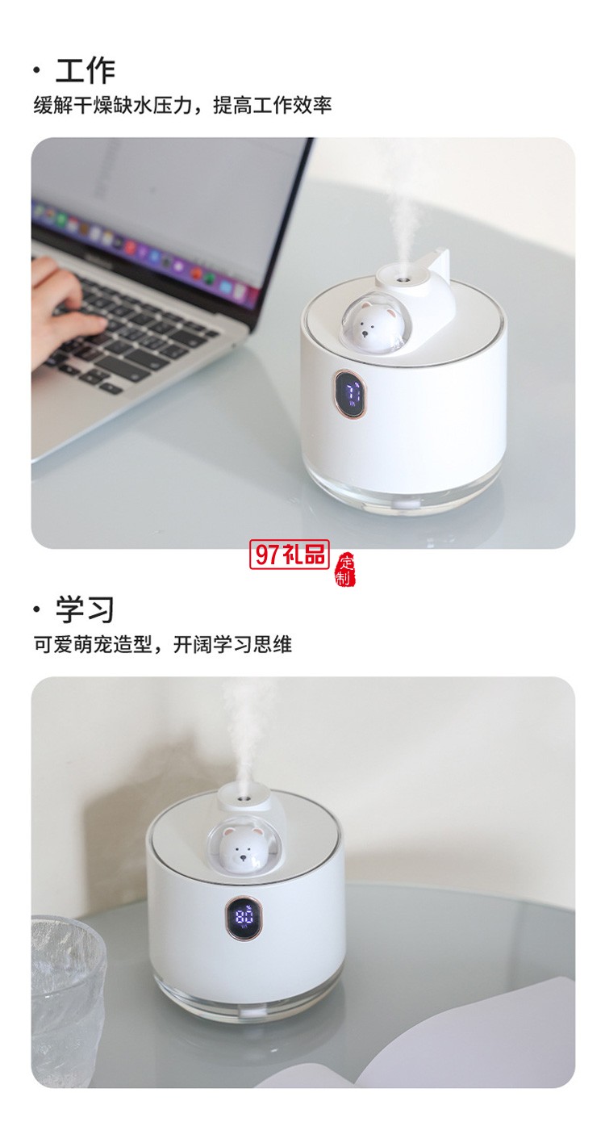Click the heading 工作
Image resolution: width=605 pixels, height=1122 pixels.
85,70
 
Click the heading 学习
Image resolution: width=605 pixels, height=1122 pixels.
85,609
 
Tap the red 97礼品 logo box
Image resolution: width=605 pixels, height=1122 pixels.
291,555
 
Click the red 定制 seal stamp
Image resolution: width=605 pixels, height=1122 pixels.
346,570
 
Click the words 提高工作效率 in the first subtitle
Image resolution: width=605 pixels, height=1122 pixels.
273,105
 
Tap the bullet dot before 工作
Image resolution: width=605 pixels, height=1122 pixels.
36,71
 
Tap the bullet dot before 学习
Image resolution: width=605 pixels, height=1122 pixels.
36,610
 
